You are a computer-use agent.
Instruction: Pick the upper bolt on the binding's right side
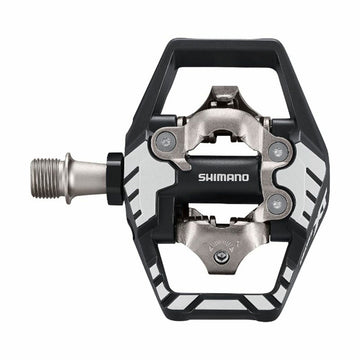tap(279, 151)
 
